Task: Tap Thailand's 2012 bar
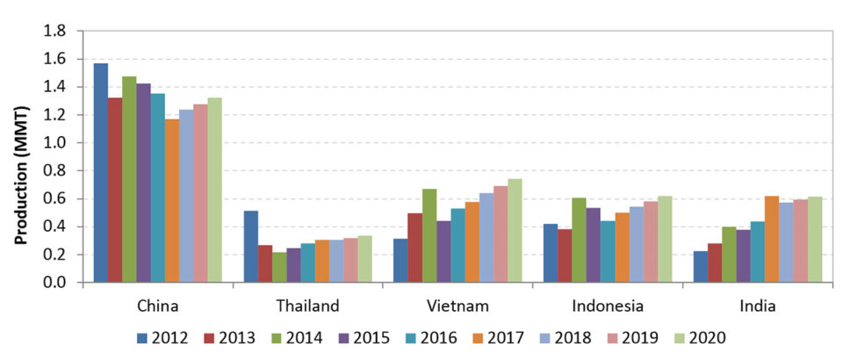(x=251, y=247)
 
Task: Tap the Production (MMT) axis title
(x=20, y=156)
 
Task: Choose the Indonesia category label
(x=606, y=306)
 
